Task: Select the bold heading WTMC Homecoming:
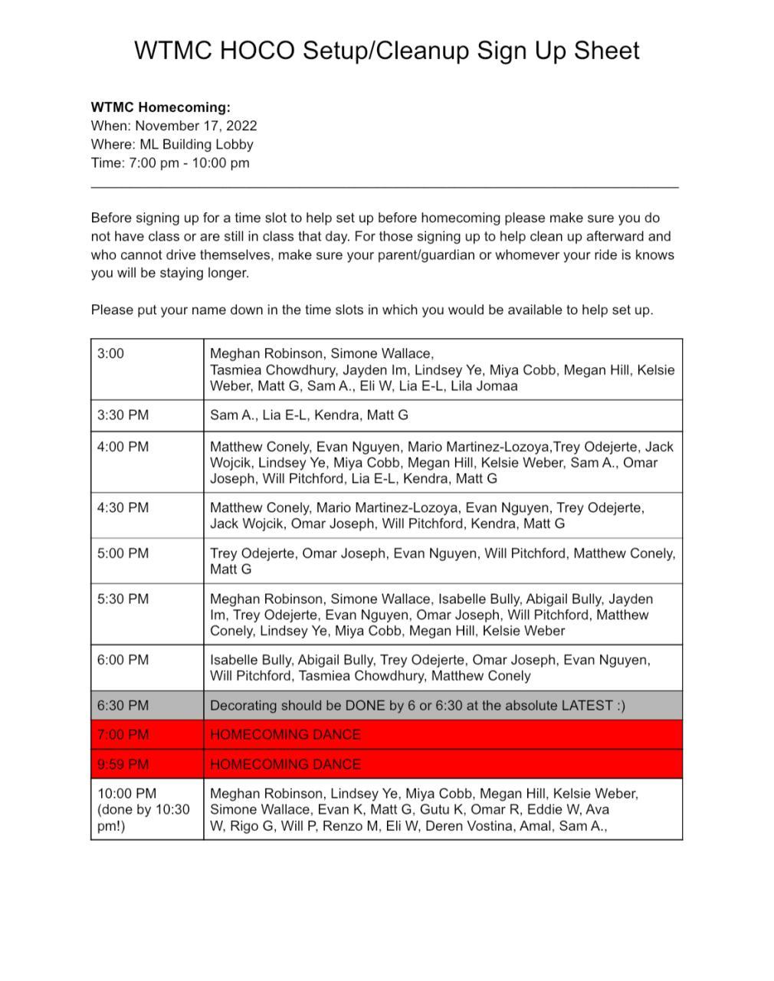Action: pos(160,107)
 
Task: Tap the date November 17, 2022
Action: pos(196,126)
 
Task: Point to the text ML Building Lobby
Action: pos(196,144)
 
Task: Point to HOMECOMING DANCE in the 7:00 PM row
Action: pos(285,735)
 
